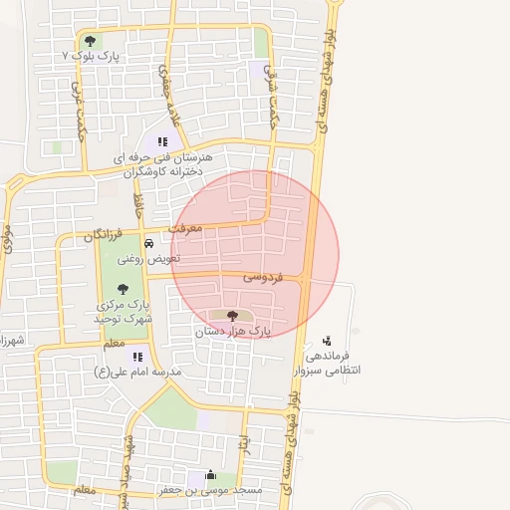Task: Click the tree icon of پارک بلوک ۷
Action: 91,41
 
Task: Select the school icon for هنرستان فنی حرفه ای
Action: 162,141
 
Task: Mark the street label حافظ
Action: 139,206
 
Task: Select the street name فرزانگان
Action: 102,237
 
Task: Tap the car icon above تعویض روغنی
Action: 148,243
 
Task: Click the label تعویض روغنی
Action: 149,258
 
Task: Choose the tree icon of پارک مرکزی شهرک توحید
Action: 123,289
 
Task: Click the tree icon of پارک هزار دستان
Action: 232,315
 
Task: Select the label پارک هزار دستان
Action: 232,330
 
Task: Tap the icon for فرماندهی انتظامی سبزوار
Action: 327,341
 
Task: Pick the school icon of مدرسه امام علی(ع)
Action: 137,356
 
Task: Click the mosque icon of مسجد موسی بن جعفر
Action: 209,475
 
